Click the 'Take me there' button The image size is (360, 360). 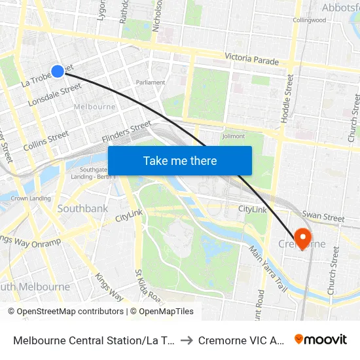click(180, 161)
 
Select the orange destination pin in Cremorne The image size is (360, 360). click(303, 238)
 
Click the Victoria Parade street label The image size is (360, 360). click(251, 60)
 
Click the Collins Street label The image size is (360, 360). click(46, 141)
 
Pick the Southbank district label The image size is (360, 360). click(82, 209)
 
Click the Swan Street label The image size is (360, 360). click(323, 217)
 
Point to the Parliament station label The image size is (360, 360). click(150, 82)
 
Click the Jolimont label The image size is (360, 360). click(233, 136)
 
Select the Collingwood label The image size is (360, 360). click(309, 20)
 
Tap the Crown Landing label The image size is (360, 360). click(31, 198)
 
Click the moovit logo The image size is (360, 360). click(321, 339)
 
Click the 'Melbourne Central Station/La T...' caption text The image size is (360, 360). click(93, 340)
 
